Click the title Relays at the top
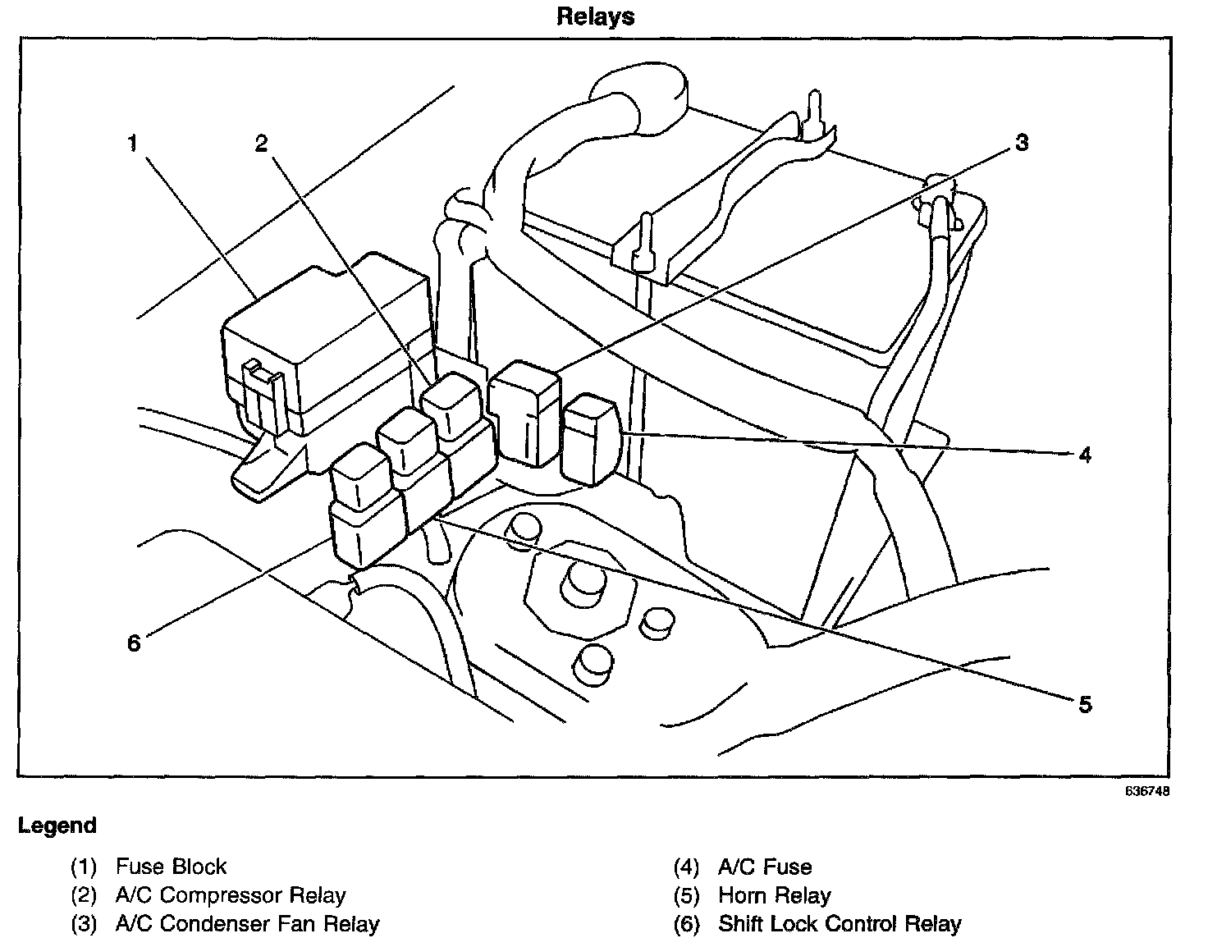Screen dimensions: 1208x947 (596, 16)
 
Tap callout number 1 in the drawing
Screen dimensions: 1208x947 (132, 144)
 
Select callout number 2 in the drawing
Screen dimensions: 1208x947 (261, 144)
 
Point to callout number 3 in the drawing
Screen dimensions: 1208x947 (1022, 143)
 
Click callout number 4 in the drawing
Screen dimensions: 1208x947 (1085, 455)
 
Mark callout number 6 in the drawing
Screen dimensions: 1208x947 (134, 643)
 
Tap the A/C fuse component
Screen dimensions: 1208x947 (592, 439)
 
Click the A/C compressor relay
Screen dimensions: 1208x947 (451, 405)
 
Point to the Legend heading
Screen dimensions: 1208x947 (57, 826)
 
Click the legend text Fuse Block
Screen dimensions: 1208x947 (172, 867)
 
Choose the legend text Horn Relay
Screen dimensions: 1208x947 (775, 895)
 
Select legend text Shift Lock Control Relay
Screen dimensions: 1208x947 (840, 924)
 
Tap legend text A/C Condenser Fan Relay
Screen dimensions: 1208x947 (247, 924)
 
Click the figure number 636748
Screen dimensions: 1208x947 (1146, 791)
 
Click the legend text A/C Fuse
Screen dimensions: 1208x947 (765, 867)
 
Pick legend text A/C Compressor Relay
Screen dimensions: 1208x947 (231, 895)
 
